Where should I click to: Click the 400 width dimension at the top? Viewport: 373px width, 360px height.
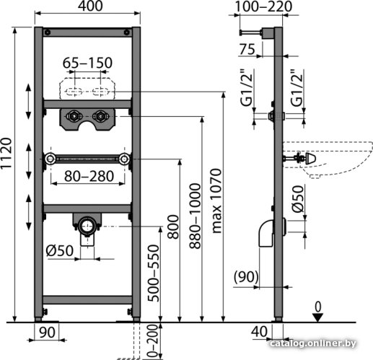pos(90,6)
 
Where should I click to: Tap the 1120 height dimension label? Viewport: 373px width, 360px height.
pos(6,154)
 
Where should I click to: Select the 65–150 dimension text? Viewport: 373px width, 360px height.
pos(87,63)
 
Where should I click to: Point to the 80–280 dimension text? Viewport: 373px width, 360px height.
pos(89,176)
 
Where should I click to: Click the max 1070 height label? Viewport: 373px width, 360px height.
pos(216,201)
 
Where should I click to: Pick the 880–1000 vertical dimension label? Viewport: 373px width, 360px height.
pos(195,216)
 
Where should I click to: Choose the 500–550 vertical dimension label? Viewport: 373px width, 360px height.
pos(154,273)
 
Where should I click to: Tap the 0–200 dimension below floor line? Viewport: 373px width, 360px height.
pos(152,342)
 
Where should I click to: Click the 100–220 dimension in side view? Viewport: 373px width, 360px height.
pos(264,6)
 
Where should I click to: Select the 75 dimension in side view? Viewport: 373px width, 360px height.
pos(247,49)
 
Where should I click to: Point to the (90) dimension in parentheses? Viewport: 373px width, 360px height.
pos(246,276)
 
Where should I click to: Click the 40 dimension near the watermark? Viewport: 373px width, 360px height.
pos(259,332)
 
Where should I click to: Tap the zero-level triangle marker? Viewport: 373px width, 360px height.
pos(318,317)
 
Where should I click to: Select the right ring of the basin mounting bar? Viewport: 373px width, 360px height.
pos(124,159)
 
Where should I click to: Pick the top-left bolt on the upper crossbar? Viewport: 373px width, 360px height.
pos(48,32)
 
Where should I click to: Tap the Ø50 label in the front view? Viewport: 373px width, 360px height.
pos(60,250)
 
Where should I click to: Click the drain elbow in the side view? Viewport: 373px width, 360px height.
pos(266,233)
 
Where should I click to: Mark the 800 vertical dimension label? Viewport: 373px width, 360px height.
pos(173,227)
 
